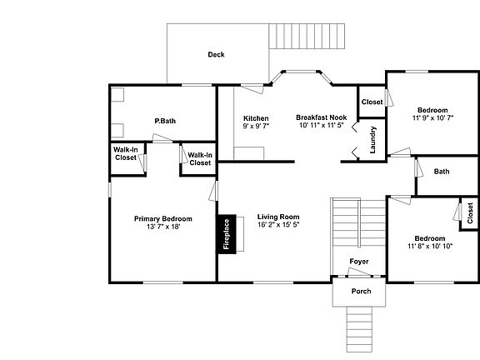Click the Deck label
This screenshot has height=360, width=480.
(216, 55)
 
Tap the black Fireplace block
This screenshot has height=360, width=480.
(225, 235)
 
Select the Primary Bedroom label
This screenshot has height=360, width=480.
(157, 218)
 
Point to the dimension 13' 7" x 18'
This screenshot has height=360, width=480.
(157, 227)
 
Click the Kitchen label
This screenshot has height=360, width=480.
(256, 117)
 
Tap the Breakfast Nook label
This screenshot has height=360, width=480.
(321, 117)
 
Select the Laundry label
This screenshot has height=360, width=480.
(373, 139)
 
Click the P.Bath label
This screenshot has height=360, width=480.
(164, 121)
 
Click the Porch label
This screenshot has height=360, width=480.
(361, 292)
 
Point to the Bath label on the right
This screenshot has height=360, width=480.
(442, 172)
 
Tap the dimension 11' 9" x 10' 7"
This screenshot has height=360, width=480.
(432, 118)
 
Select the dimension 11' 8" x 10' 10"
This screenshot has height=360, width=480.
(430, 246)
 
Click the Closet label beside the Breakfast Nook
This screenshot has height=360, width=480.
(372, 102)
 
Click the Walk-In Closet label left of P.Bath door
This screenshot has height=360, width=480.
(126, 154)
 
